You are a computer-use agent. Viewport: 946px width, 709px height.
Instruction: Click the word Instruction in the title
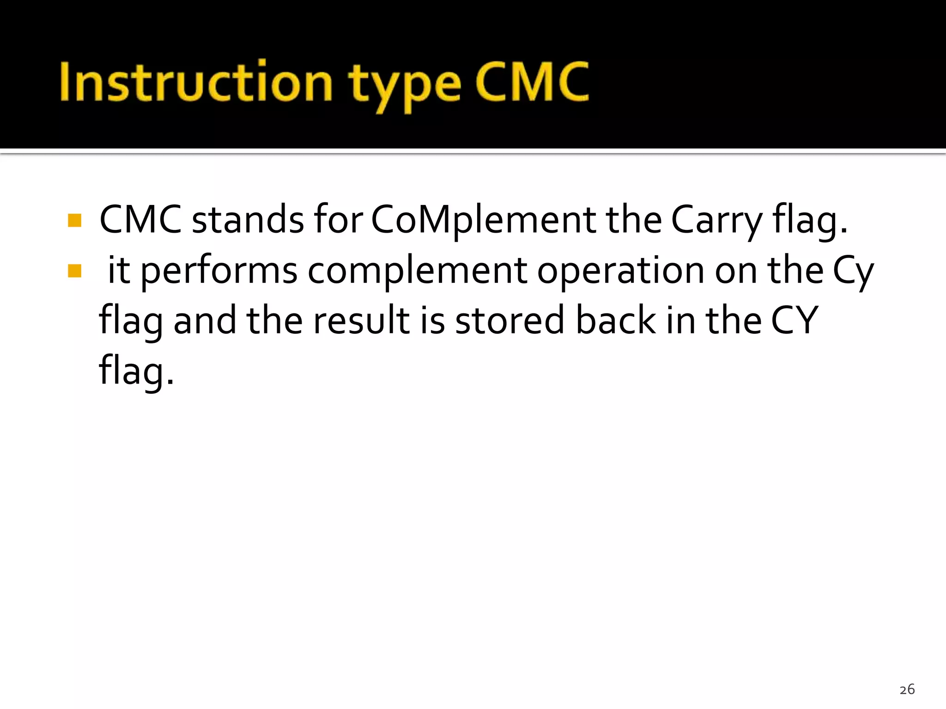196,82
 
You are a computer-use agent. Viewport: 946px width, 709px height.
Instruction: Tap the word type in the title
405,85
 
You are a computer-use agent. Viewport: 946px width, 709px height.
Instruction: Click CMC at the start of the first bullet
140,220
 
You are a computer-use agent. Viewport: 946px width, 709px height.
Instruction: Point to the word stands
248,220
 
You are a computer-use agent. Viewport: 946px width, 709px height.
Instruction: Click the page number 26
907,690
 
